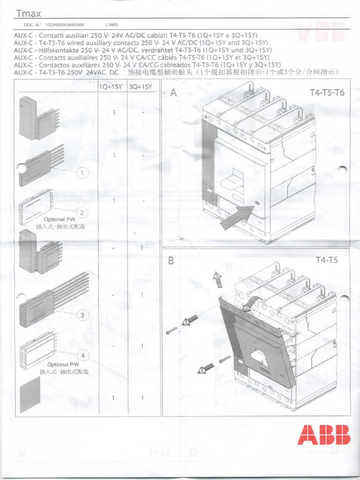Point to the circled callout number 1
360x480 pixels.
(x=83, y=173)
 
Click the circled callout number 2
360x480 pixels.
(x=82, y=212)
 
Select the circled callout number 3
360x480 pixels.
(x=82, y=315)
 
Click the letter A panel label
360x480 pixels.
(x=173, y=93)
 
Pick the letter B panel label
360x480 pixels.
(x=171, y=261)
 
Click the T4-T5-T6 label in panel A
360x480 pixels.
(x=327, y=92)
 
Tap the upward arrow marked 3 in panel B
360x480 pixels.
(x=217, y=280)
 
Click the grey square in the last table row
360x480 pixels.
(x=30, y=397)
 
